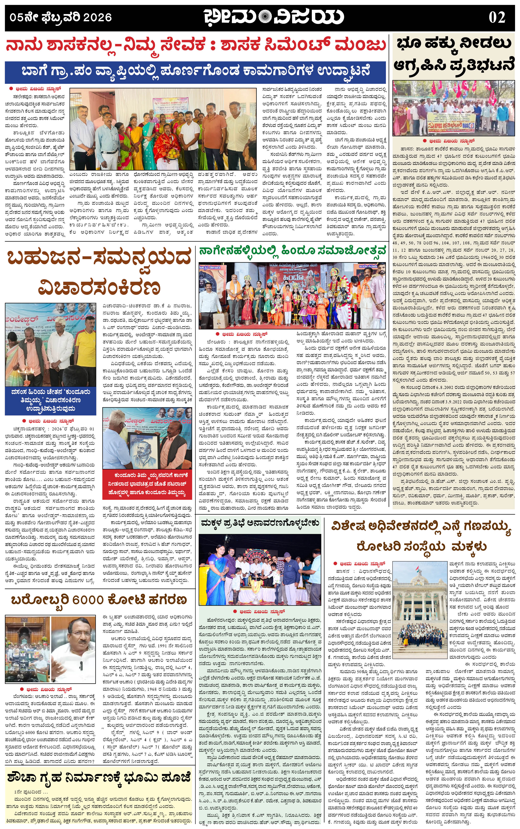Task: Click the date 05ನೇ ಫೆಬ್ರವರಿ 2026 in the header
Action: coord(61,17)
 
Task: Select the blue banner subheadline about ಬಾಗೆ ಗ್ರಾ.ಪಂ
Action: coord(195,72)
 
